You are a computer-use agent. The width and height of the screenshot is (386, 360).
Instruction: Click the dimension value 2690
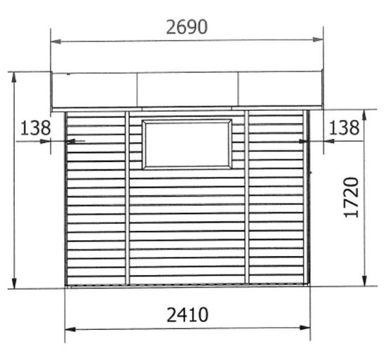187,27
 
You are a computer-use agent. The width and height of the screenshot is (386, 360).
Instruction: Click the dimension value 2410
187,314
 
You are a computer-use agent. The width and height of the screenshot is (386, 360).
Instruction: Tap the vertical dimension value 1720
351,197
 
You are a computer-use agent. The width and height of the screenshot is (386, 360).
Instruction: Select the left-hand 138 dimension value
36,128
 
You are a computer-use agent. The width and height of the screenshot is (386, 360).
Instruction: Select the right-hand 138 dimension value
344,128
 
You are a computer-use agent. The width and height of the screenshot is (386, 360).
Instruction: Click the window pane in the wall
187,144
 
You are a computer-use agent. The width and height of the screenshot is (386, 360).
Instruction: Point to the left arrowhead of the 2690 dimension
55,41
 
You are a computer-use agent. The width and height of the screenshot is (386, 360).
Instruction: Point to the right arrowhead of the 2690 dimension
318,39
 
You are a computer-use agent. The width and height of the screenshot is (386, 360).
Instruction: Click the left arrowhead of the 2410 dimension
70,329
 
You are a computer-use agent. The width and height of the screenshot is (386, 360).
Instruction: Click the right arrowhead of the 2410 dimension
305,328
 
